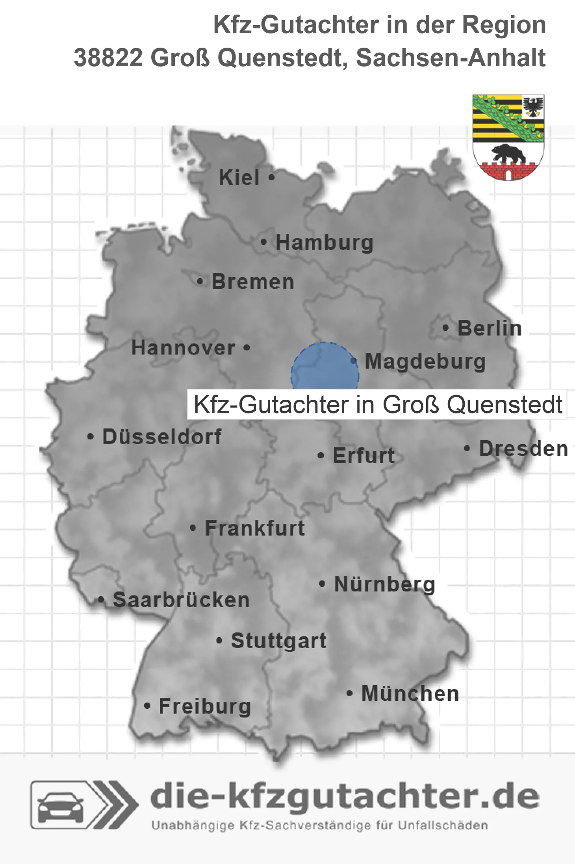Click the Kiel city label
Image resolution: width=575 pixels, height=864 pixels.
click(239, 178)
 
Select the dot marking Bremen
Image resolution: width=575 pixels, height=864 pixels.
click(200, 282)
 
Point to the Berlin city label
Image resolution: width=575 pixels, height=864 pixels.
click(490, 328)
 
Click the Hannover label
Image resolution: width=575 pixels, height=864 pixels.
click(183, 348)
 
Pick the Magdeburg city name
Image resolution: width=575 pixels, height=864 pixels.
click(425, 361)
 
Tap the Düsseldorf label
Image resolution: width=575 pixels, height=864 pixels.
click(162, 437)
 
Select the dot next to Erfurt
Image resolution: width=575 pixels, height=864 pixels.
click(321, 456)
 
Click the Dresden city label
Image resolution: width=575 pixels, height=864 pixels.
click(523, 449)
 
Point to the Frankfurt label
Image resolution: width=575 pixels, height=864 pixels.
click(255, 528)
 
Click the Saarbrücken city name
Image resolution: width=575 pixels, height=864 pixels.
click(181, 600)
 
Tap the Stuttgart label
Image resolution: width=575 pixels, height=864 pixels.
click(279, 641)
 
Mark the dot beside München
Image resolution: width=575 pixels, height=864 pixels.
click(349, 693)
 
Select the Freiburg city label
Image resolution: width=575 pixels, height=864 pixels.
click(205, 706)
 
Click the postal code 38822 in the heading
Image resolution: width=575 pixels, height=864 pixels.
click(108, 58)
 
